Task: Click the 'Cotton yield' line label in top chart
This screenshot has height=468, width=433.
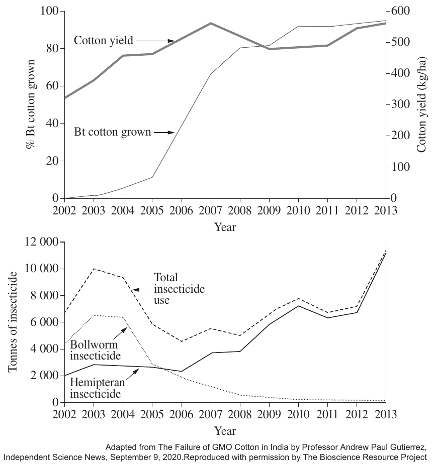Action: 104,40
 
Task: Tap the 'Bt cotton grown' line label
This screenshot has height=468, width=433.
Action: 112,132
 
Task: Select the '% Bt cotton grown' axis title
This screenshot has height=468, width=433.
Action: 31,104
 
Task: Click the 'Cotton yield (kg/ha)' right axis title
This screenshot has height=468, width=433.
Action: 421,104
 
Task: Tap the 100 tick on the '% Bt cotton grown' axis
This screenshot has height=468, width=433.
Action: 49,11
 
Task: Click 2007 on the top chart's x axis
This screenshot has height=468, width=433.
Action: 211,210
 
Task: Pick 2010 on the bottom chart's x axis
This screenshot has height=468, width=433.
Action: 298,414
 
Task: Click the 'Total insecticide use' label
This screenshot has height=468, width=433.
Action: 180,289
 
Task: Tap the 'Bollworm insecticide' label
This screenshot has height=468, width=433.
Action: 96,350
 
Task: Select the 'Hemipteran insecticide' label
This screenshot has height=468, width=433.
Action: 98,388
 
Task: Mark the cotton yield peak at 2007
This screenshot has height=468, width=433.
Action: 211,23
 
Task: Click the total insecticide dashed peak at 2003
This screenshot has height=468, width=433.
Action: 94,269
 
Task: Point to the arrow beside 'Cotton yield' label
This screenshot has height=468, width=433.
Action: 155,41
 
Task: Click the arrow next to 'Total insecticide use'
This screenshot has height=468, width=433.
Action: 142,289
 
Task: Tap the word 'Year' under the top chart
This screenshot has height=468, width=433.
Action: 225,227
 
